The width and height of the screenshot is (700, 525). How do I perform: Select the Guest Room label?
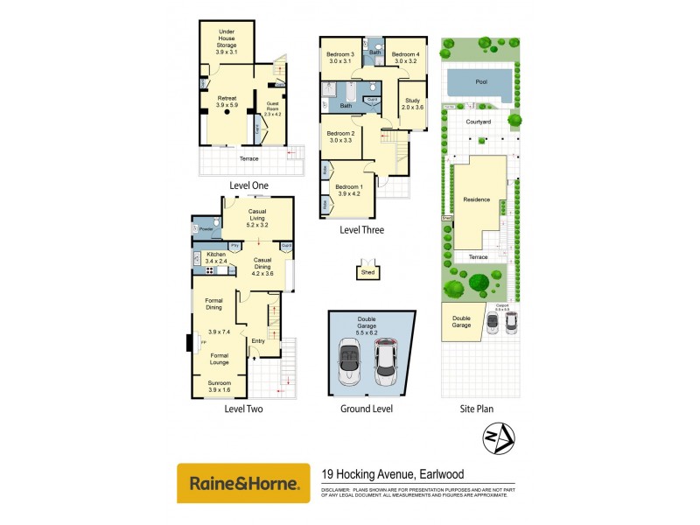pyautogui.click(x=272, y=108)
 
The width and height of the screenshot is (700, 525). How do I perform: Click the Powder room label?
pyautogui.click(x=206, y=229)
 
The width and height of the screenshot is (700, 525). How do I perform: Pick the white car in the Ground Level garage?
pyautogui.click(x=387, y=360)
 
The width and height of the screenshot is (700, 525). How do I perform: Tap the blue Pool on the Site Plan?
pyautogui.click(x=479, y=82)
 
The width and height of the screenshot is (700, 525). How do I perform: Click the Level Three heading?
pyautogui.click(x=361, y=231)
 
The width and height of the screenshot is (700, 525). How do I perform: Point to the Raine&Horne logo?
pyautogui.click(x=243, y=483)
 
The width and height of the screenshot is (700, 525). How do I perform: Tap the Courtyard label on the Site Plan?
pyautogui.click(x=478, y=122)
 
